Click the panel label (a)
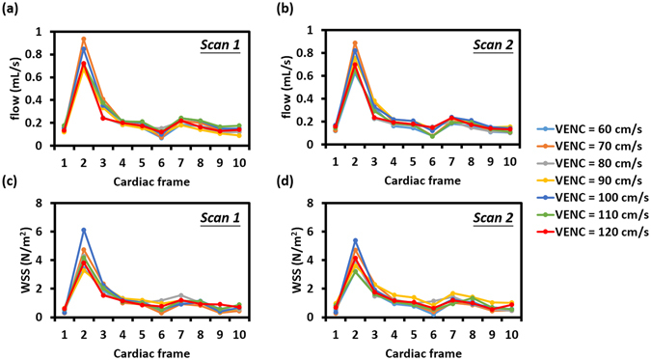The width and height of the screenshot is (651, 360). point(13,9)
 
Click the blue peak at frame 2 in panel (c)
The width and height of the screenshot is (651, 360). point(84,230)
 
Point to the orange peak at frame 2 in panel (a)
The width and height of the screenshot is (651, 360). point(84,40)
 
